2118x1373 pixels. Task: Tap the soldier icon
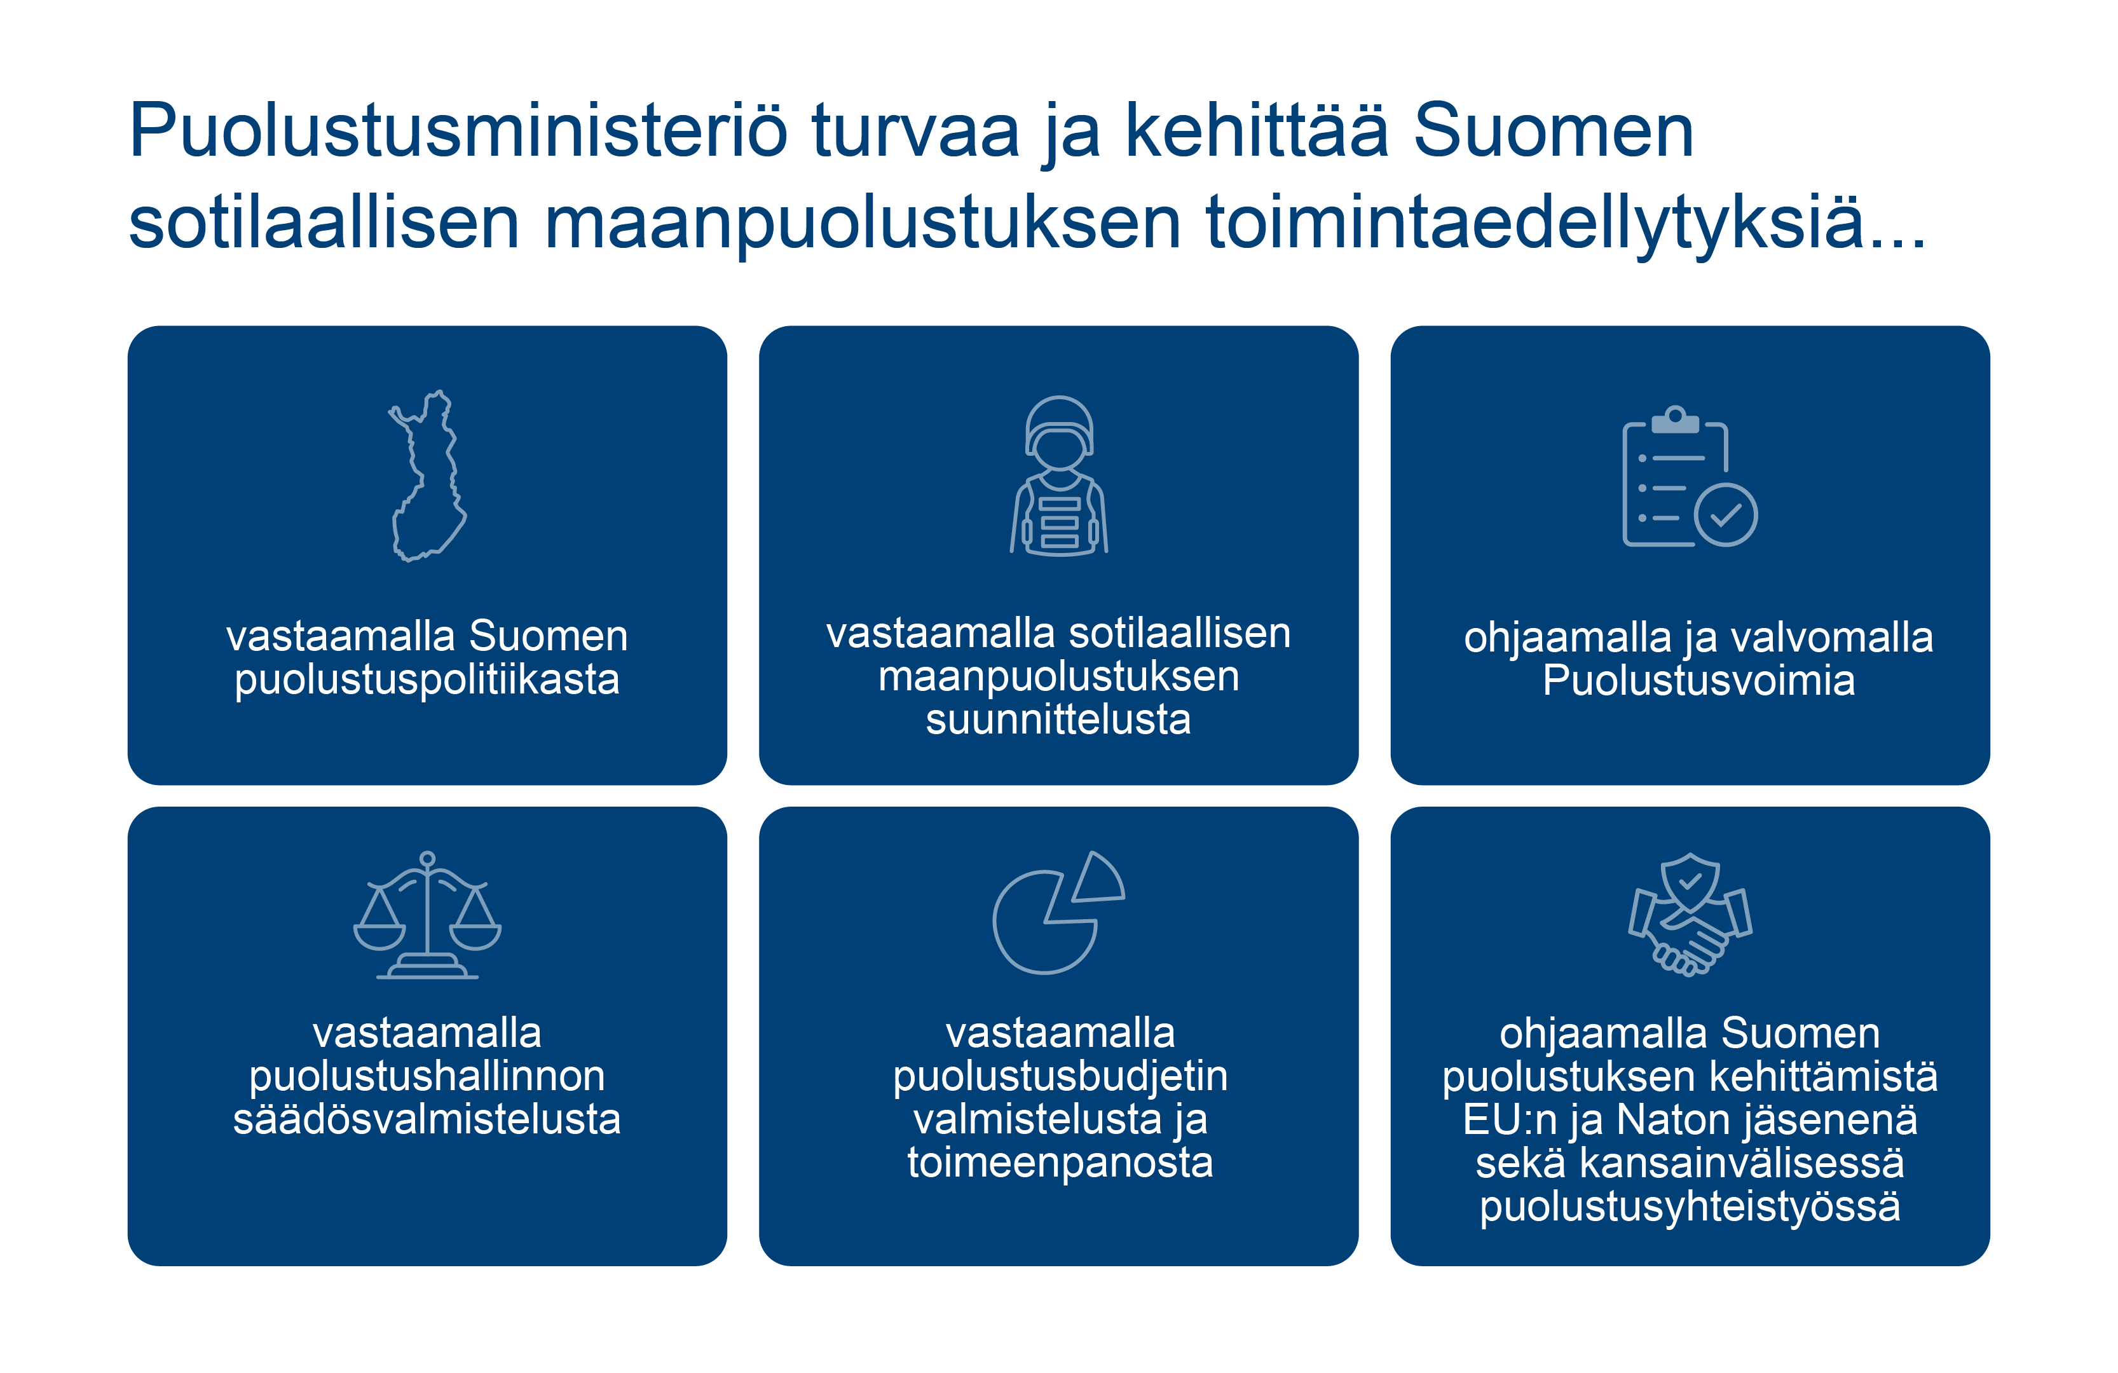point(1059,476)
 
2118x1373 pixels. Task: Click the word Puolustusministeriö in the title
point(458,132)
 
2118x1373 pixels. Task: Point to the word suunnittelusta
point(1058,720)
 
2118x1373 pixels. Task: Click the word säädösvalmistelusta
point(427,1119)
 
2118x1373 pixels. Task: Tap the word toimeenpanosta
point(1060,1162)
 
